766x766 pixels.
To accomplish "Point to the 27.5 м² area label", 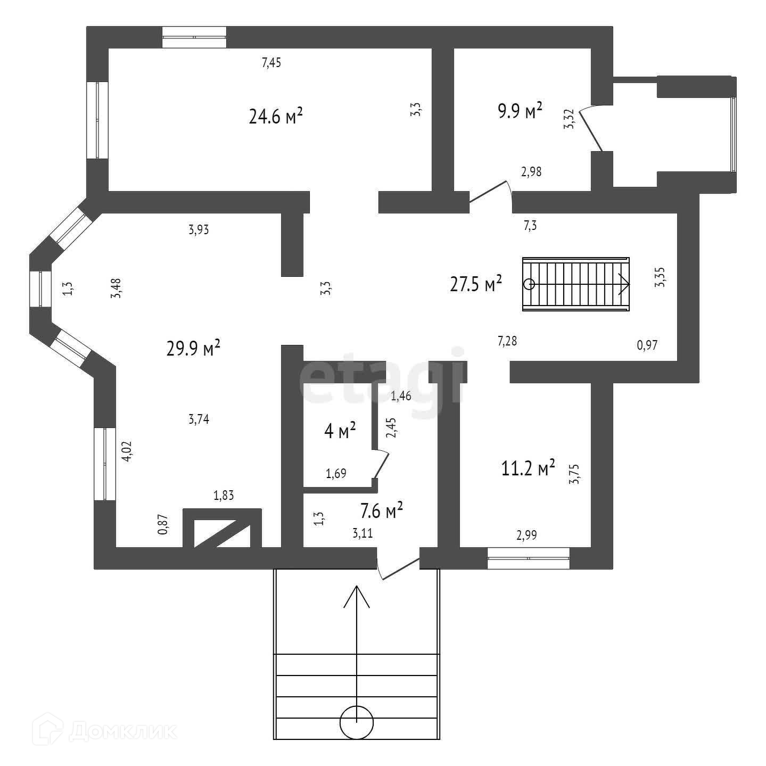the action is click(476, 284).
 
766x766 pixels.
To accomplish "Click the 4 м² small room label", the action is click(340, 431).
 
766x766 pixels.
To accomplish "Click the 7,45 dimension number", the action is click(271, 63).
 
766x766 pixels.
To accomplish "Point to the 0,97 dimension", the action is click(648, 345).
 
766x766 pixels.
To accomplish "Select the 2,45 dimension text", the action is click(391, 427).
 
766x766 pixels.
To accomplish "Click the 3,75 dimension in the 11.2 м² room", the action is click(574, 473).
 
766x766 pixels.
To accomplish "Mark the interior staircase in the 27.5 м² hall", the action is click(576, 284).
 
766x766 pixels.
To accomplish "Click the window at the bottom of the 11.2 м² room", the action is click(529, 558).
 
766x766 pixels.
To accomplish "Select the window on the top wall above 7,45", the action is click(194, 37).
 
